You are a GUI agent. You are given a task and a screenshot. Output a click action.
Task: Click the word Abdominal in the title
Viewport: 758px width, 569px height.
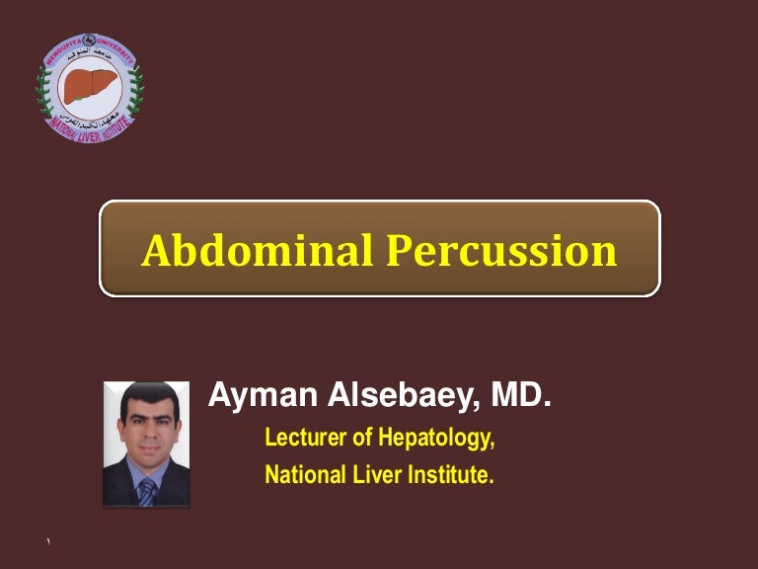point(256,250)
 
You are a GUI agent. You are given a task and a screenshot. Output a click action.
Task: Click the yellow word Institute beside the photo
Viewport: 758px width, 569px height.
point(447,475)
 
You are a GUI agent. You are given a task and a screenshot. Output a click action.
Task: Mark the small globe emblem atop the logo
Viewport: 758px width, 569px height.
point(91,40)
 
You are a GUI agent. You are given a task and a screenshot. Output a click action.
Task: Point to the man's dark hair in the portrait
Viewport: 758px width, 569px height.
point(146,400)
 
